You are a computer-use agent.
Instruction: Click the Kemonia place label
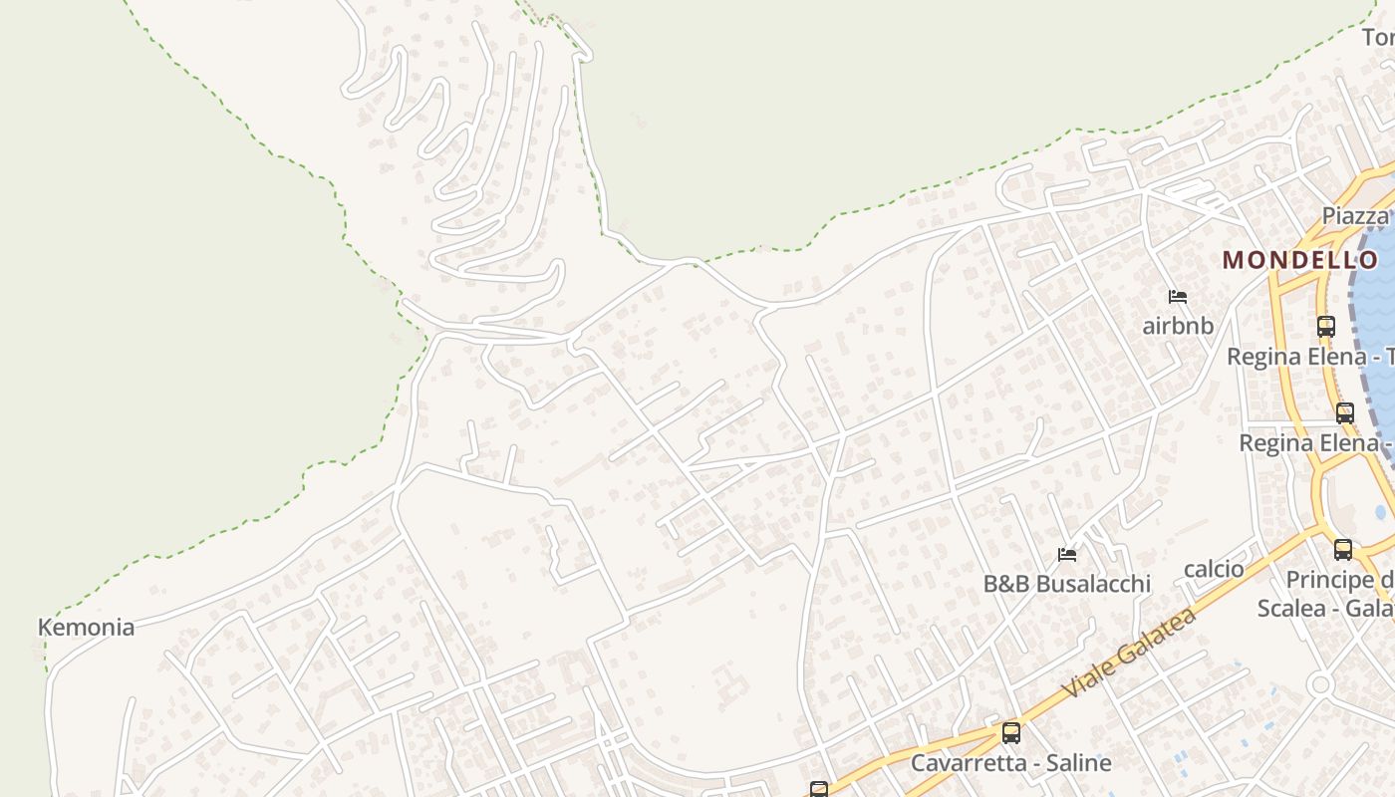point(86,628)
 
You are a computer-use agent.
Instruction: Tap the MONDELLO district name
point(1300,260)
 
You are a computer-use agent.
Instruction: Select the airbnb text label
point(1178,326)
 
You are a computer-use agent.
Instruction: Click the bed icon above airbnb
point(1178,297)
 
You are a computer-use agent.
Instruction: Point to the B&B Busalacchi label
point(1066,584)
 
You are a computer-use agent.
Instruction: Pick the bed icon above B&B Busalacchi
point(1067,554)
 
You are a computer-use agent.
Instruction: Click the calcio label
point(1214,569)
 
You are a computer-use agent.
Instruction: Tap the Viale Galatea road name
point(1129,655)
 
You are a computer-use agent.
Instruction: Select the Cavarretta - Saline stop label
point(1010,764)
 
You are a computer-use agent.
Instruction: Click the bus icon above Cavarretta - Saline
point(1011,733)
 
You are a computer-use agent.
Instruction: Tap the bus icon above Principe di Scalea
point(1343,549)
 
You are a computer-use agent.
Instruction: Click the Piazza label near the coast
point(1355,216)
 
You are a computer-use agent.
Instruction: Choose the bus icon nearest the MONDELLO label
point(1325,326)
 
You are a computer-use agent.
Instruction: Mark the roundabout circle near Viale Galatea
point(1321,684)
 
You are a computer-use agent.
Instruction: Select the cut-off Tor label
point(1378,38)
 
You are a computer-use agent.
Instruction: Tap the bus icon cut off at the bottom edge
point(819,790)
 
